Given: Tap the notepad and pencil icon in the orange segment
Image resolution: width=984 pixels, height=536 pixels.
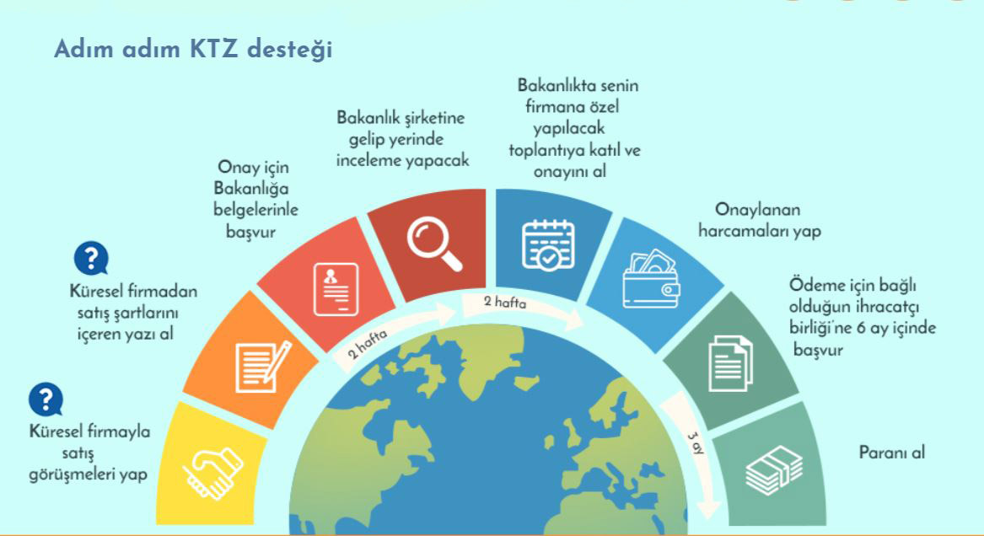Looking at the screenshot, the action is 263,367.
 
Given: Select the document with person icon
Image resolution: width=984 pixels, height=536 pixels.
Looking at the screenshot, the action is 336,289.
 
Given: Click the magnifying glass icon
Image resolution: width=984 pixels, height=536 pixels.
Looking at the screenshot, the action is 434,244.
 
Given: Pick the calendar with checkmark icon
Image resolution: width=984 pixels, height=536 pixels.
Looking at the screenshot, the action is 548,245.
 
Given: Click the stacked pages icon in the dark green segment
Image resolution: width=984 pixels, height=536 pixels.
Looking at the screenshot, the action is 730,363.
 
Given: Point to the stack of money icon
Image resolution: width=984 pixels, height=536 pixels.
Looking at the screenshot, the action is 774,469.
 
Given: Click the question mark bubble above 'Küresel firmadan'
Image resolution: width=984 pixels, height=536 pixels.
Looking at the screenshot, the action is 92,258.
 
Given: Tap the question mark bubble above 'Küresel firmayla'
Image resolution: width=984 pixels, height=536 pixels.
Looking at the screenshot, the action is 46,399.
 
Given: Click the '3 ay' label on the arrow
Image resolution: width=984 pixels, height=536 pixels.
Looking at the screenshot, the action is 696,443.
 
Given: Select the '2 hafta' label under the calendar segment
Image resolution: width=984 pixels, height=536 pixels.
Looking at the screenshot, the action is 504,303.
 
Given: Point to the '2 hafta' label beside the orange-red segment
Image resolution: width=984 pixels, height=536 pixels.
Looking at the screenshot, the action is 368,344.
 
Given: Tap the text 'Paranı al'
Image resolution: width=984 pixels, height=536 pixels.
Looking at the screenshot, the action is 892,453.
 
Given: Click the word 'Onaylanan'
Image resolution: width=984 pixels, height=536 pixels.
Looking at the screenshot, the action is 757,209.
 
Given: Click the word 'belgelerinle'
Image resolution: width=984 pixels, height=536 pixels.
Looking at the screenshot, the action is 255,209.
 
